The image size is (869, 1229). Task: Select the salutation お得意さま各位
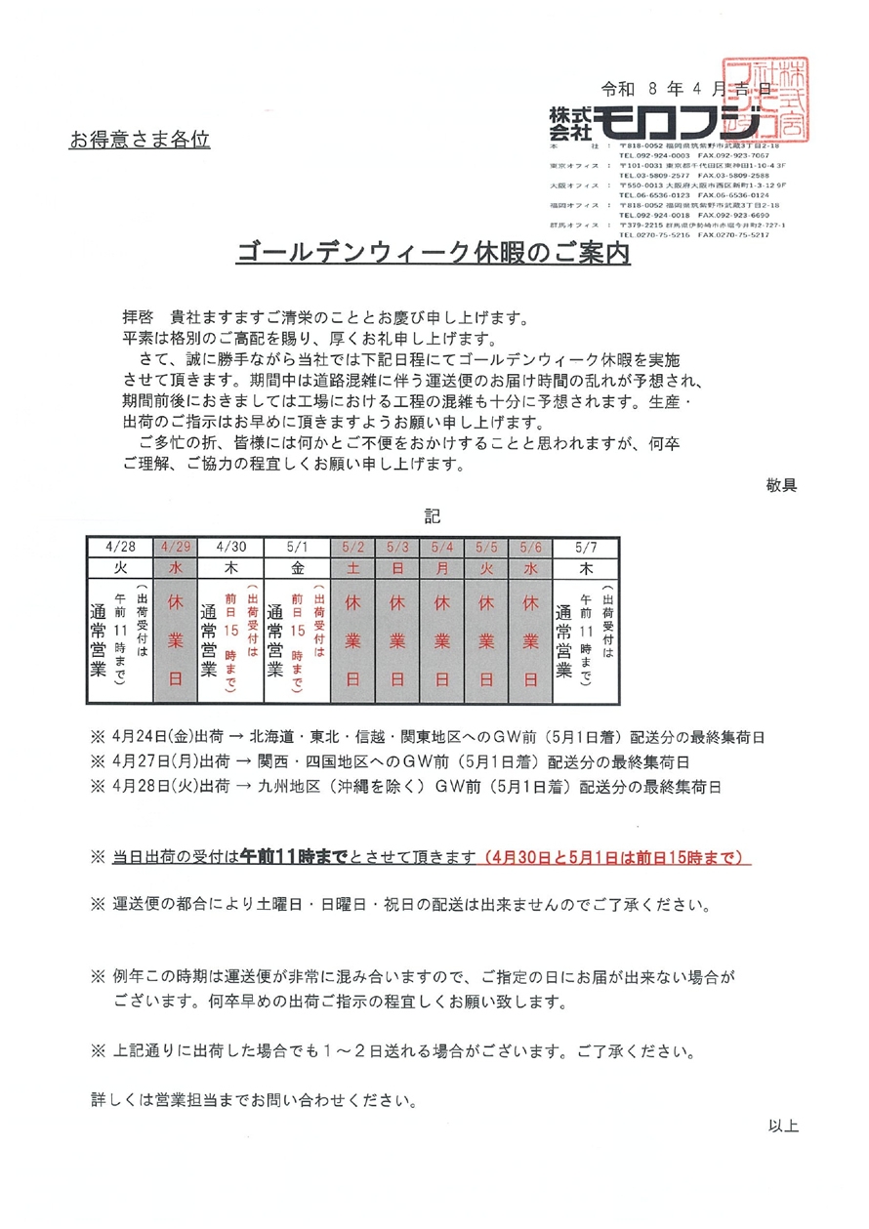click(x=140, y=140)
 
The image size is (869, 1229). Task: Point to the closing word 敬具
click(x=782, y=484)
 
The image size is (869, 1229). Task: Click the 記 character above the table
click(x=433, y=514)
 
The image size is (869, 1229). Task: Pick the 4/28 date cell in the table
click(x=120, y=546)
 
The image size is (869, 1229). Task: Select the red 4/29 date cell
click(x=177, y=546)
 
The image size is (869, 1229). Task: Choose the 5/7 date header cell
click(x=587, y=546)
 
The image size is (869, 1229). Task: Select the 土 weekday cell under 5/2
click(x=353, y=565)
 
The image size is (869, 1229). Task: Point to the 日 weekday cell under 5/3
click(x=397, y=565)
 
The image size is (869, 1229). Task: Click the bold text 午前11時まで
click(x=293, y=857)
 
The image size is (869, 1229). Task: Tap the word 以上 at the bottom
click(x=783, y=1126)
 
